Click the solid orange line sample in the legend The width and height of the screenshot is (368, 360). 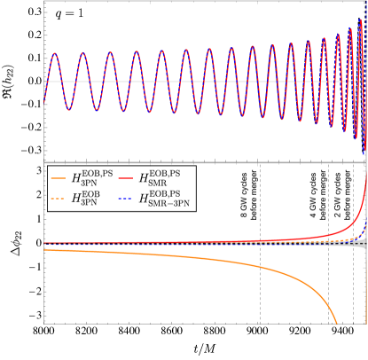[x=58, y=178]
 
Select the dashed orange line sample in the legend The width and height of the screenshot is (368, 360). [x=58, y=199]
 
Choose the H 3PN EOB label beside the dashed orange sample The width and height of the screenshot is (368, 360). [x=86, y=199]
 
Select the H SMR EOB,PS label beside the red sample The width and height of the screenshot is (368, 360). [x=156, y=178]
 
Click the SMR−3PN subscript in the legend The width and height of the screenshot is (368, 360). [x=166, y=204]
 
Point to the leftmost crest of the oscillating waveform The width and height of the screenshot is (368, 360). [x=54, y=53]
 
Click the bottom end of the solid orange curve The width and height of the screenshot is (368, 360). [x=337, y=324]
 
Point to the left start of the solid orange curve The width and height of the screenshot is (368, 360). [x=46, y=250]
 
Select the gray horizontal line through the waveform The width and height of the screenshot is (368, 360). [x=204, y=81]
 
